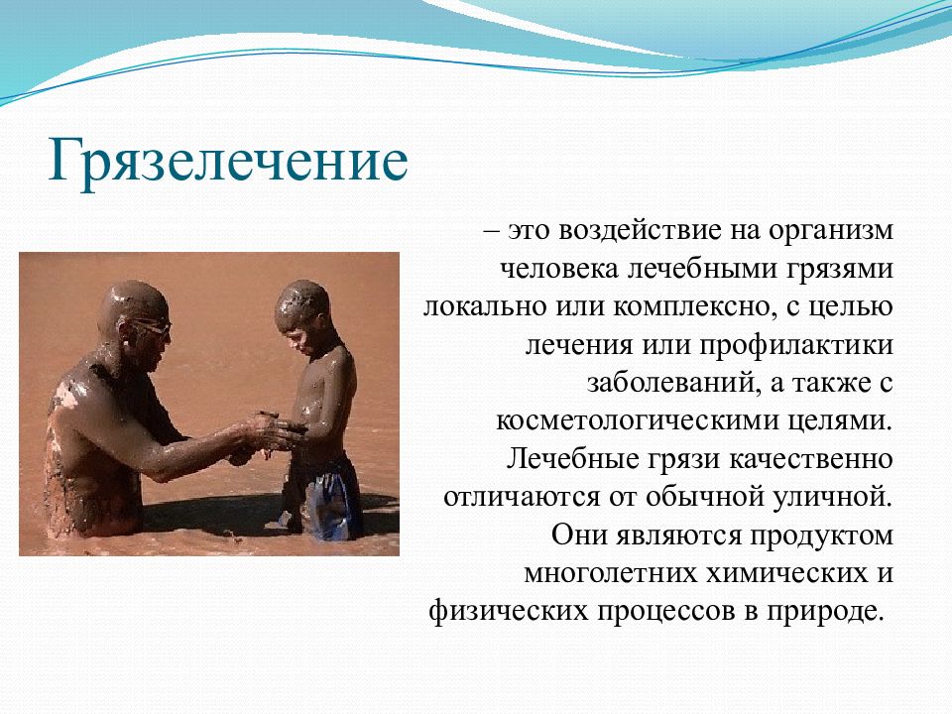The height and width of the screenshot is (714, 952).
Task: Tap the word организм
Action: click(831, 232)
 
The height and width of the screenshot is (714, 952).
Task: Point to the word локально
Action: click(485, 306)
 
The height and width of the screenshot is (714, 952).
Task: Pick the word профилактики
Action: click(796, 346)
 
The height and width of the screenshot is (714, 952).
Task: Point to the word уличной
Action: click(833, 497)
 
